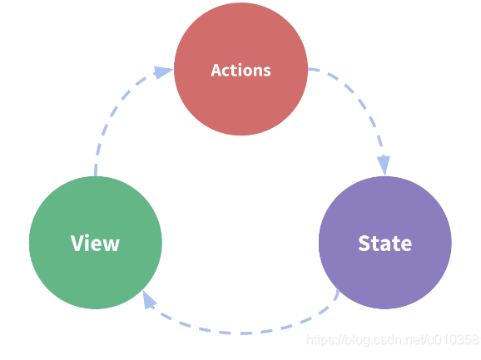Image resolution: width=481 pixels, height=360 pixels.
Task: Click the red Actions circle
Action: [x=240, y=69]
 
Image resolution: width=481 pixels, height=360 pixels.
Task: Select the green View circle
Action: [x=96, y=243]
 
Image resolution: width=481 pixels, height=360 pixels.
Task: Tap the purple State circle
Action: [x=385, y=243]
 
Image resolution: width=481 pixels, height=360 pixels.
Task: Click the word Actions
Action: [x=240, y=70]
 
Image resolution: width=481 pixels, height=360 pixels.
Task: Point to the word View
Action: [x=95, y=243]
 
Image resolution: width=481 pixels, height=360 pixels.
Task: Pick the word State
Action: [x=385, y=244]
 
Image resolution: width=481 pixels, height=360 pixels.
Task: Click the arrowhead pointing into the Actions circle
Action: [x=163, y=72]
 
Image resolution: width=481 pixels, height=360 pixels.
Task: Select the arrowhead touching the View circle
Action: [x=148, y=300]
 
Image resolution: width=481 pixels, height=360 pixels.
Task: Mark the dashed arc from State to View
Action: [x=242, y=333]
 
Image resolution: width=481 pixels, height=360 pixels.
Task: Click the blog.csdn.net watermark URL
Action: [x=393, y=340]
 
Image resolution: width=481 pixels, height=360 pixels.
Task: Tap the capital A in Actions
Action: [x=216, y=70]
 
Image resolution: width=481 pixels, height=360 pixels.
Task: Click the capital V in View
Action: [x=77, y=243]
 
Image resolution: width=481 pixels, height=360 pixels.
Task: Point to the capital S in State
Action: [x=364, y=244]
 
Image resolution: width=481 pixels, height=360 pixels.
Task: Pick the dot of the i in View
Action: [x=88, y=236]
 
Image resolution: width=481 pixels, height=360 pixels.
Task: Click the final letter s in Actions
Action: [x=266, y=72]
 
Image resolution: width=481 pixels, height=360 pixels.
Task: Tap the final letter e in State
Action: [x=405, y=246]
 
